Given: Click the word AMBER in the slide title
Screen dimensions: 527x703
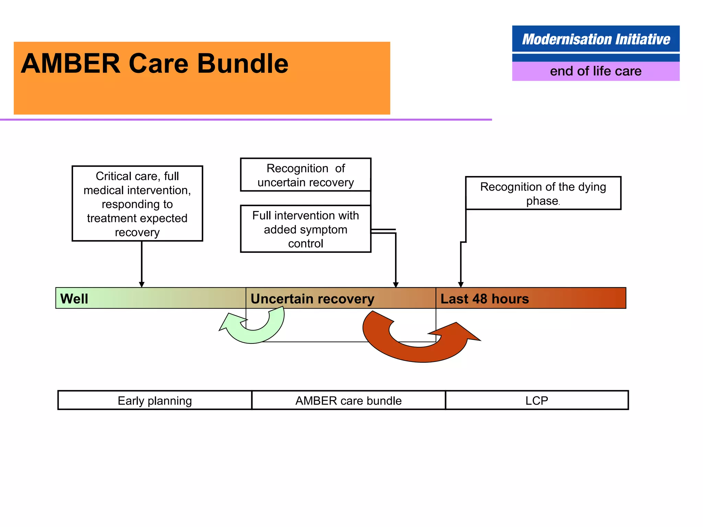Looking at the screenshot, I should (x=70, y=64).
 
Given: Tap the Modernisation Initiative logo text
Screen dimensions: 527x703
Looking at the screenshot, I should (x=596, y=39).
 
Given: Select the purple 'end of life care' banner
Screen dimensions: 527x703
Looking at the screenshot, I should (x=596, y=71).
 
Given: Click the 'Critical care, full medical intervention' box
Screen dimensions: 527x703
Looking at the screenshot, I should (x=137, y=204).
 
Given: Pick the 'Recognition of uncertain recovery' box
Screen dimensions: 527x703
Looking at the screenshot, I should (x=306, y=175).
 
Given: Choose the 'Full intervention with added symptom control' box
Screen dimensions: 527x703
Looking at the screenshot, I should (x=306, y=229).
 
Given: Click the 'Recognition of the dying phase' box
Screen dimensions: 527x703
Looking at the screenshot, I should (x=543, y=193).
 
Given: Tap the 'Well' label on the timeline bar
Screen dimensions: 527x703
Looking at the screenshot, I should (x=74, y=298).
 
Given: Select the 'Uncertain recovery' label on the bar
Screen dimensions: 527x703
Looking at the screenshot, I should (x=312, y=298).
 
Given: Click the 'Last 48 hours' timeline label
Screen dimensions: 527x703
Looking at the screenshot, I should (x=485, y=298).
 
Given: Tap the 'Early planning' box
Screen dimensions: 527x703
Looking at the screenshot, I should (x=155, y=400).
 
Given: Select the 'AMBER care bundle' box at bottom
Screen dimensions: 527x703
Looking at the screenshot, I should (x=348, y=400).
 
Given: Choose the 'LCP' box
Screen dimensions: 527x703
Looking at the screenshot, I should (x=537, y=400).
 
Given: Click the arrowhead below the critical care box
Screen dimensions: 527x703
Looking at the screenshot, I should (x=141, y=284).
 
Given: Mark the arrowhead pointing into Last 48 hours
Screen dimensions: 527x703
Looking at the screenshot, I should (x=461, y=284).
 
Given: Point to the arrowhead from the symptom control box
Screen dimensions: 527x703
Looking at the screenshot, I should (x=396, y=284).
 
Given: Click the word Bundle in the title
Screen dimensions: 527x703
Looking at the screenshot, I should (x=243, y=64).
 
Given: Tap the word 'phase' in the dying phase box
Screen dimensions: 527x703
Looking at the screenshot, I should (x=542, y=201).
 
